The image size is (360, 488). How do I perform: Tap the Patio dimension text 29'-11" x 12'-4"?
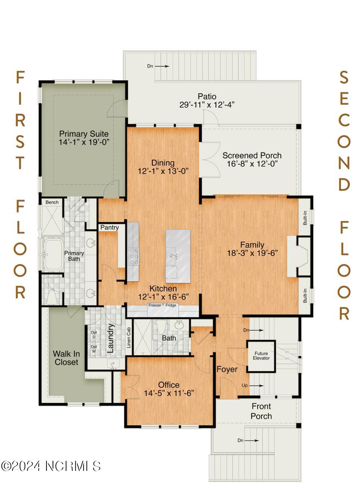point(207,105)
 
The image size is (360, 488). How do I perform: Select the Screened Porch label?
point(252,155)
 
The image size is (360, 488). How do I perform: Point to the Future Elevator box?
point(261,356)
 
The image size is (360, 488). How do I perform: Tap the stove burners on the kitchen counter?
point(133,256)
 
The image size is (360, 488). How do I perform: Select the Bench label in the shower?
point(52,202)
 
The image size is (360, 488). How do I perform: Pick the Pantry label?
point(110,228)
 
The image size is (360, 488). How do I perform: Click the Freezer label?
point(155,305)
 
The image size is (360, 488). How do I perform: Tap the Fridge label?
point(171,305)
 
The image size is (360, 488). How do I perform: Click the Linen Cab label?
point(129,338)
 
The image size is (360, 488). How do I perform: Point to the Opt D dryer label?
point(94,335)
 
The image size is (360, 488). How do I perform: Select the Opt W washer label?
point(94,349)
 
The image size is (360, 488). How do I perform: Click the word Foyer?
point(227,369)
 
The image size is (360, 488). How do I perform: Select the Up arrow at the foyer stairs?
point(256,386)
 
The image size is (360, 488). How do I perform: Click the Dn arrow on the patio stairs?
point(162,66)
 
